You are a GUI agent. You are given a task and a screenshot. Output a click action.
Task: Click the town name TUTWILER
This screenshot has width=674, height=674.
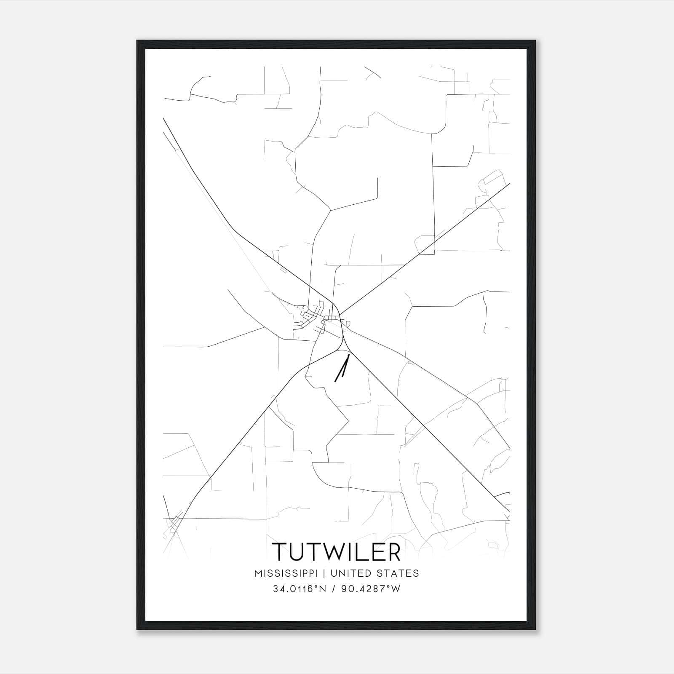[x=336, y=551]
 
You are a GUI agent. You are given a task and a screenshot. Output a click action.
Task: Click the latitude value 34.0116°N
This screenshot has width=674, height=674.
[x=300, y=589]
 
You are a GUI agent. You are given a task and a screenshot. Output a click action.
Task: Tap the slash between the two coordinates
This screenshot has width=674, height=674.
[x=333, y=589]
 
